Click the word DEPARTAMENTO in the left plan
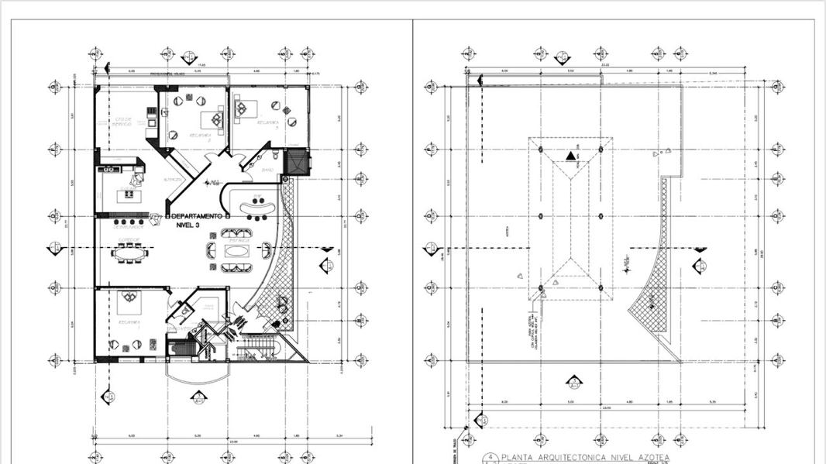[198, 215]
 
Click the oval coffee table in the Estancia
[236, 249]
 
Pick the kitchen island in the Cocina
[124, 194]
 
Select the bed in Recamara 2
[210, 119]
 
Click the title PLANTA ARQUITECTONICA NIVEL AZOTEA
[584, 458]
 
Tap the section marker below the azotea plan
[574, 381]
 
